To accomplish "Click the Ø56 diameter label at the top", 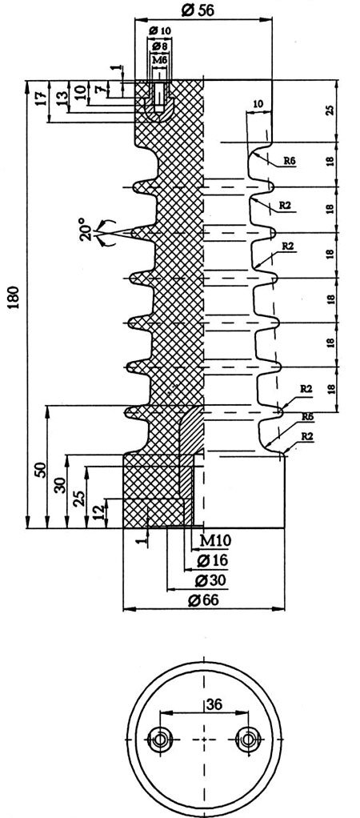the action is pyautogui.click(x=198, y=10).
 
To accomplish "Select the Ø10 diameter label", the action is pyautogui.click(x=160, y=31).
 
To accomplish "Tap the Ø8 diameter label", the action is pyautogui.click(x=160, y=47).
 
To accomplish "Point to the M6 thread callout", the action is pyautogui.click(x=160, y=61).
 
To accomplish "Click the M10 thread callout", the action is pyautogui.click(x=216, y=540).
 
